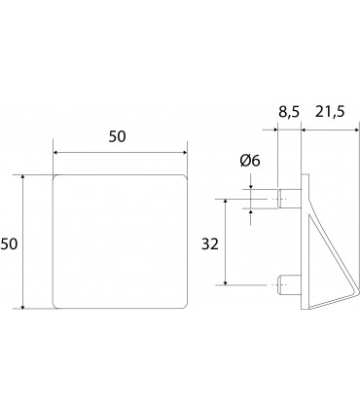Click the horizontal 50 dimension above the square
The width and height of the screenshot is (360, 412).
(x=117, y=136)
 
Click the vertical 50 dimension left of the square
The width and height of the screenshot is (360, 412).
(x=9, y=243)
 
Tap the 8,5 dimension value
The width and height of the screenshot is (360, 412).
(x=289, y=112)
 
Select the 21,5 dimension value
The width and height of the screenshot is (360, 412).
(x=330, y=112)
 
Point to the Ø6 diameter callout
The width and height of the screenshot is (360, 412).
(x=250, y=161)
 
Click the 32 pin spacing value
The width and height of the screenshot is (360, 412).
(x=210, y=244)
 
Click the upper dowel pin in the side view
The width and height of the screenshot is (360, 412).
(x=289, y=199)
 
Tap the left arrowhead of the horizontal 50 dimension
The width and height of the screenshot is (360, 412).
(x=55, y=152)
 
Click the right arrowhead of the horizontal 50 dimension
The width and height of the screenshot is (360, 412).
(x=185, y=152)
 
